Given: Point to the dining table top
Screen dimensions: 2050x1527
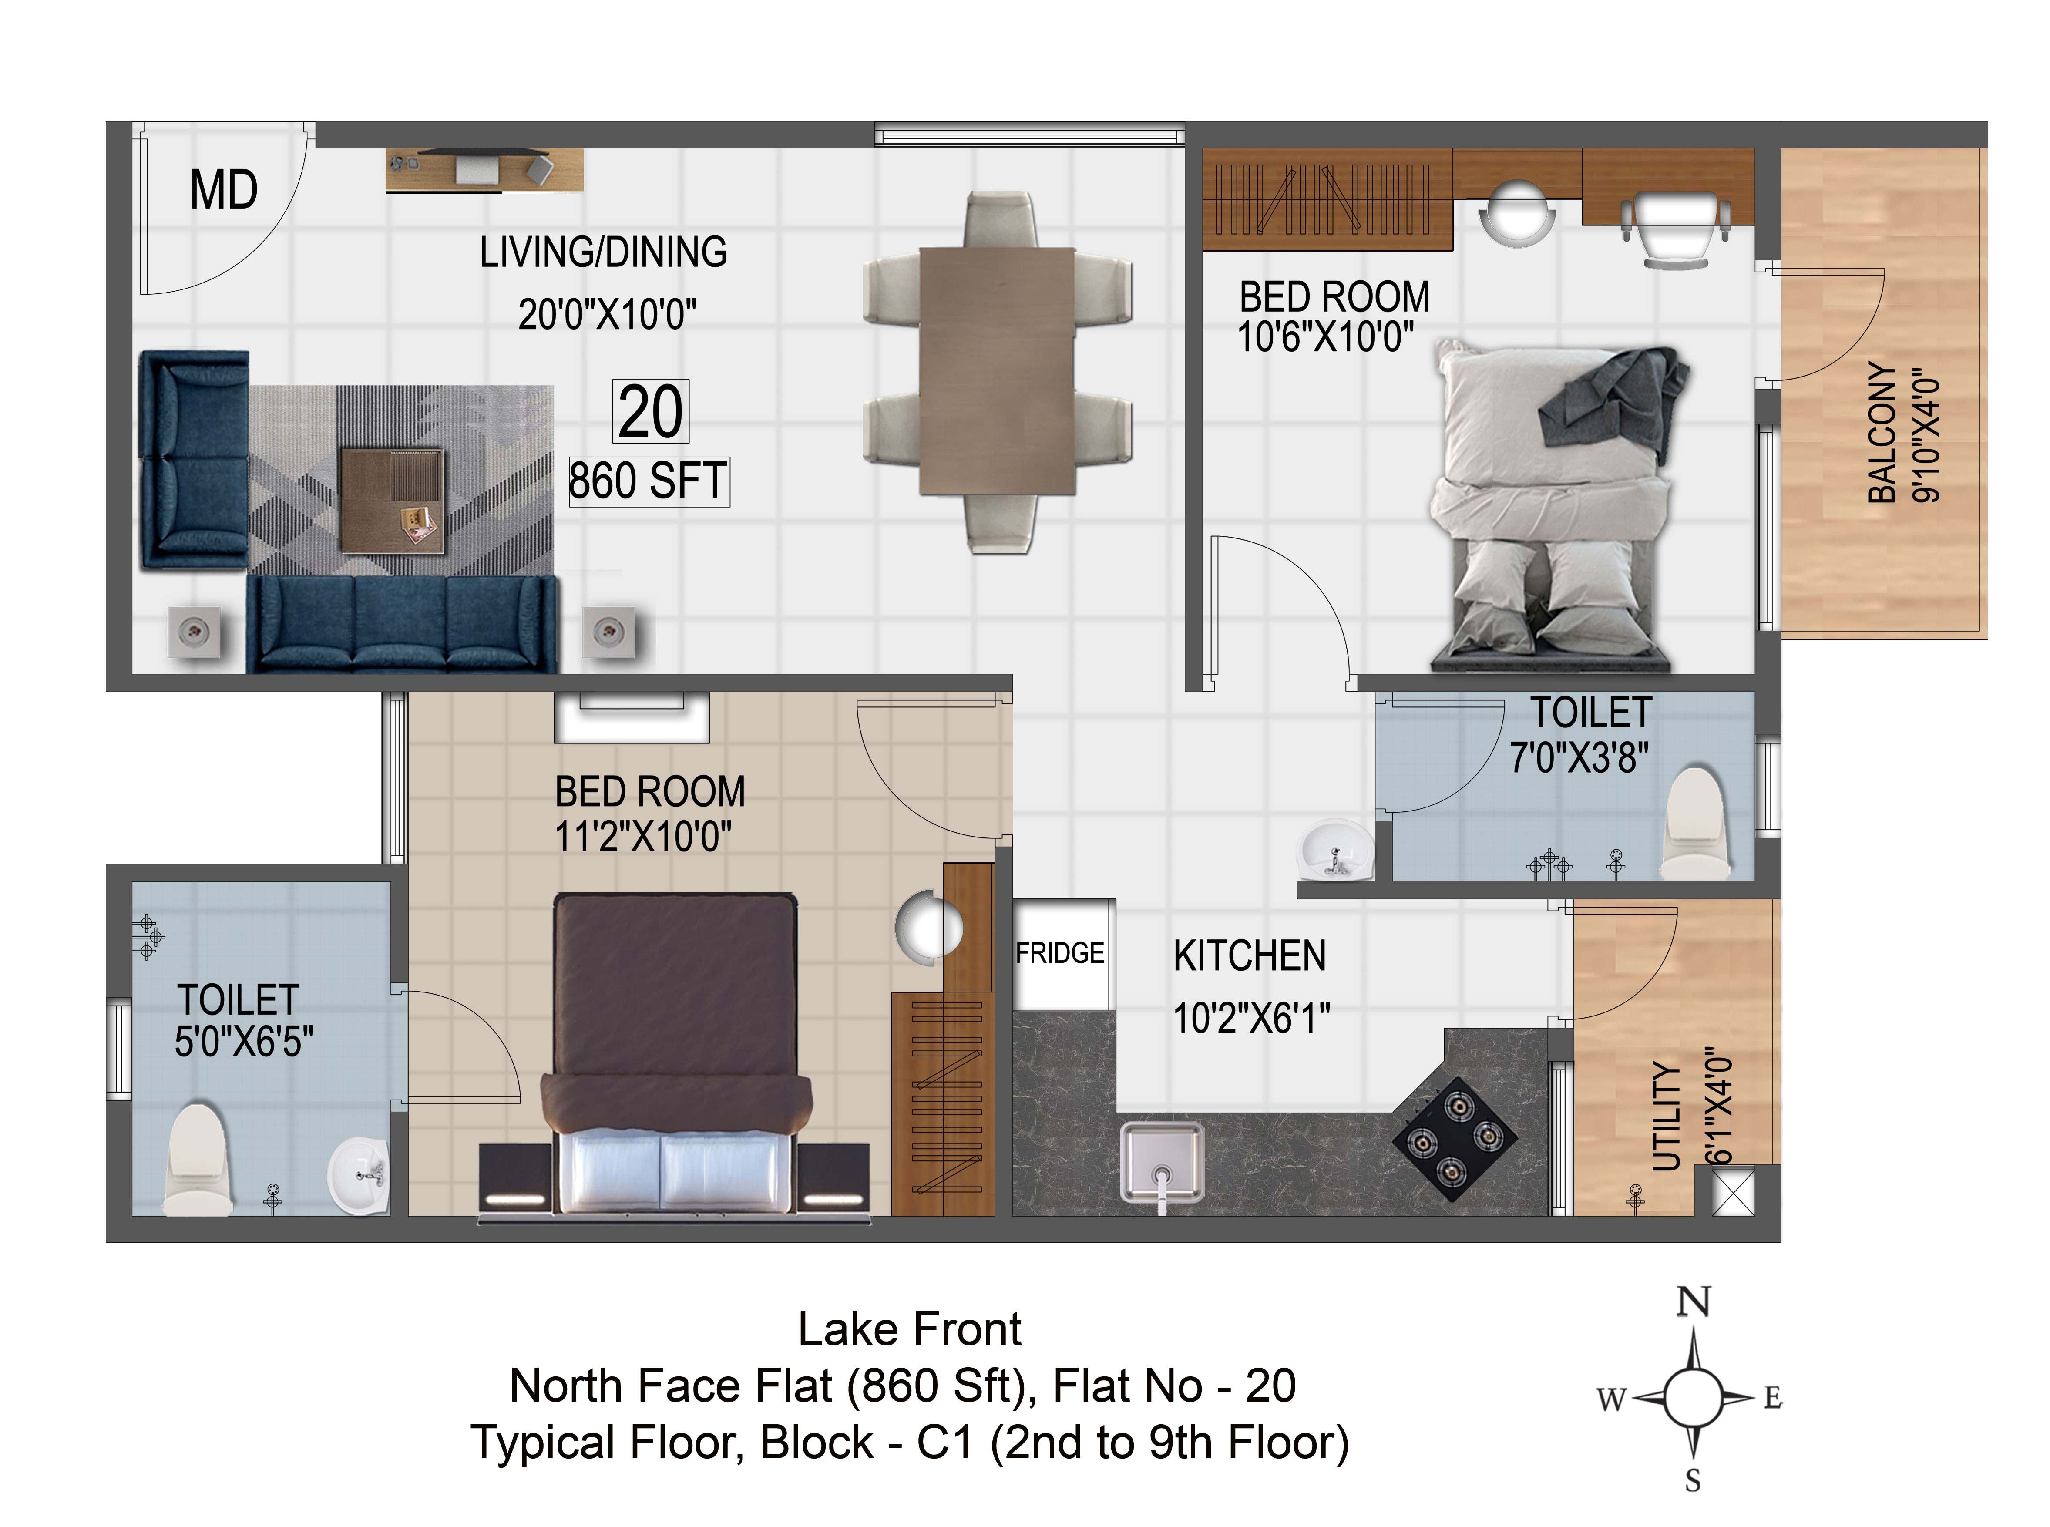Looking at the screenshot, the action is (x=997, y=371).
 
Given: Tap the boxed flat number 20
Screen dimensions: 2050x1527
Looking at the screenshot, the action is (x=651, y=411).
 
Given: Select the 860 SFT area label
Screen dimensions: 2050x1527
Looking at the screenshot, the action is (x=648, y=481).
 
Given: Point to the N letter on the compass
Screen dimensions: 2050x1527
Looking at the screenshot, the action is (x=1692, y=1302).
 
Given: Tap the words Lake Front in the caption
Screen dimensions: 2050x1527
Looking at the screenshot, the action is (x=910, y=1329).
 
